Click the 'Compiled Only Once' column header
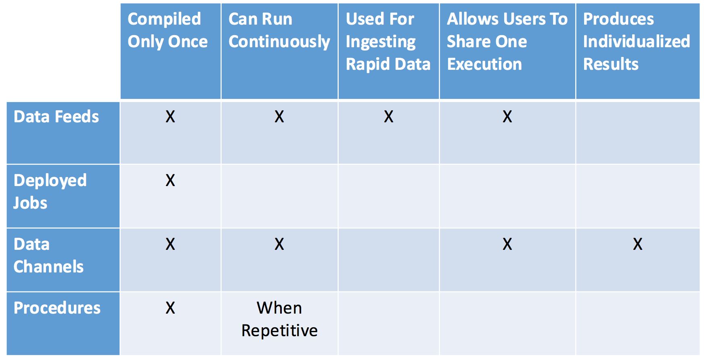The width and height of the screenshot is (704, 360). (168, 30)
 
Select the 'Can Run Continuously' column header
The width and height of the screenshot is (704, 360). (279, 30)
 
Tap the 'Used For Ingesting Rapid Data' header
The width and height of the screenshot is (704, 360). (388, 42)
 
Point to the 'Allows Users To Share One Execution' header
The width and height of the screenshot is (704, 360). (507, 42)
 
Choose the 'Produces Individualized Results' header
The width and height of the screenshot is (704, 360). (637, 42)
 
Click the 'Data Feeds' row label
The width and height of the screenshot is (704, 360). (56, 117)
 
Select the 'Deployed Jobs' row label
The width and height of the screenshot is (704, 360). (50, 192)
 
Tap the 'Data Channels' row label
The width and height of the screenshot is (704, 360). (48, 255)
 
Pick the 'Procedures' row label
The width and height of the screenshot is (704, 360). (57, 308)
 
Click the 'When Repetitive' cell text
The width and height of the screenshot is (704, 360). (279, 319)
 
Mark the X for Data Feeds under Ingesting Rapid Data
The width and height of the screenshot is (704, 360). (389, 117)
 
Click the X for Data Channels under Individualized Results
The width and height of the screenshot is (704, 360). (638, 244)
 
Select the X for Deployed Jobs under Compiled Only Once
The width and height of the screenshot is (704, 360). (170, 180)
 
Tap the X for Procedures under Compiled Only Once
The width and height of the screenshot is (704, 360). (170, 308)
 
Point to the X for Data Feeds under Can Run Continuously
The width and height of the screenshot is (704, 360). (279, 117)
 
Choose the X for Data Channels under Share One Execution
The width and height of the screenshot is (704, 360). (507, 244)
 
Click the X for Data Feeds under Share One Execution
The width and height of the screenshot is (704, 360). (507, 117)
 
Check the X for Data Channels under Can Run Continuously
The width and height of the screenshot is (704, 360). (279, 244)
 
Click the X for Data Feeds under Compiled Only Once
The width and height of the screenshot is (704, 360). (170, 117)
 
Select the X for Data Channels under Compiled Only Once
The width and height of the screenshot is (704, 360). (170, 244)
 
